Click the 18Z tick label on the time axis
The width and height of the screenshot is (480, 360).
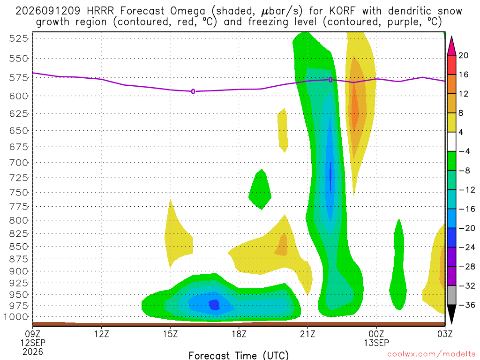tap(239, 334)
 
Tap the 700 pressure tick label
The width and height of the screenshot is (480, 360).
tap(19, 163)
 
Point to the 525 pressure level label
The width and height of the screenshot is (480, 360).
tap(19, 38)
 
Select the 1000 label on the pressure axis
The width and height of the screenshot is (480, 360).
tap(16, 317)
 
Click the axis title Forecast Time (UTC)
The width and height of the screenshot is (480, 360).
tap(239, 355)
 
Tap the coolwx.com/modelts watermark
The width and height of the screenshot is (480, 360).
tap(431, 354)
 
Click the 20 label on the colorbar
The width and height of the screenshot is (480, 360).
tap(463, 55)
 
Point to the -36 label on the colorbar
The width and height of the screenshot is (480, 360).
tap(466, 305)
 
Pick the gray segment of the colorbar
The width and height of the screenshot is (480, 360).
tap(451, 295)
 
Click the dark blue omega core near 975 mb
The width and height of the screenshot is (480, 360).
tap(214, 305)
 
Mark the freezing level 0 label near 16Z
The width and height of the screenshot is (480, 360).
tap(193, 91)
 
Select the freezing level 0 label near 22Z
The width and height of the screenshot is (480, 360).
tap(330, 80)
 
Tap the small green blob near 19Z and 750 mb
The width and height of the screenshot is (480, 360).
tap(260, 190)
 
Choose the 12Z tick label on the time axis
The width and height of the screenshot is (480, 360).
tap(102, 334)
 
